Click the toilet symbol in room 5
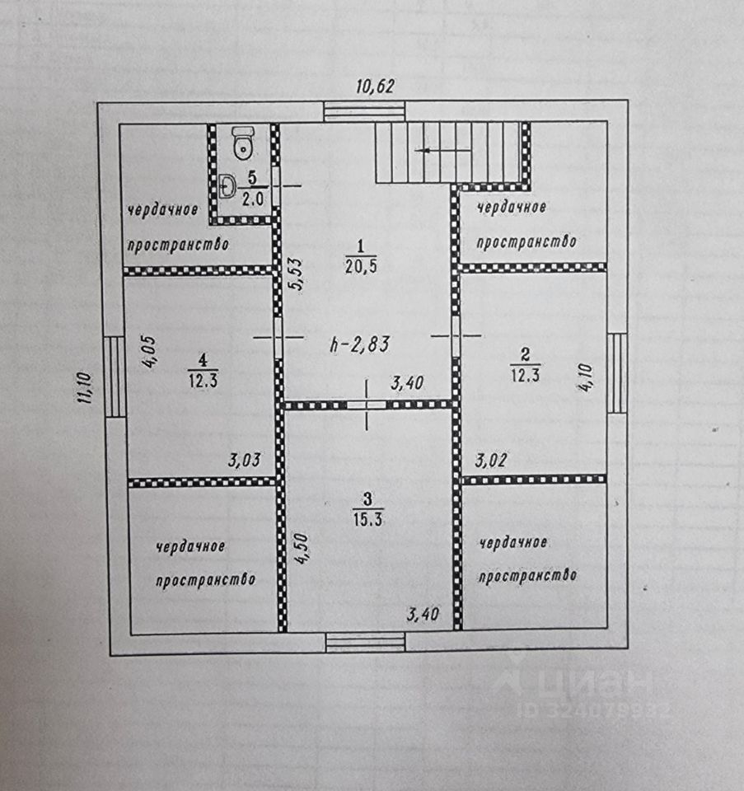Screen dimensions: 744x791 (x=243, y=143)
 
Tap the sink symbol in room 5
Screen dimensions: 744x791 (x=227, y=186)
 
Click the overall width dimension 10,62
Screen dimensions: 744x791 (x=375, y=87)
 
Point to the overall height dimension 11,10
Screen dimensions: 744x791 (x=84, y=387)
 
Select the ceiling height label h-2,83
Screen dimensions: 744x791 (x=360, y=344)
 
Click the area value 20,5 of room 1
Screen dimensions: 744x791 (x=361, y=266)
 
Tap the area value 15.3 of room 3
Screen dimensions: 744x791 (x=368, y=518)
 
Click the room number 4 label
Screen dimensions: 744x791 (x=203, y=360)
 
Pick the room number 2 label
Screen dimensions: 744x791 (x=525, y=354)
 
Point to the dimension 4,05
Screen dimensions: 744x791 (x=149, y=352)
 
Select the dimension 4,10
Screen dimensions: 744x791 (x=587, y=378)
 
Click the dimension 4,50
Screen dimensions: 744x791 (x=302, y=549)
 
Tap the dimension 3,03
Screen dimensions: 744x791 (x=245, y=460)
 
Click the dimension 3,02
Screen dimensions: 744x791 (x=491, y=460)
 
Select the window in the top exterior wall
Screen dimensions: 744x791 (x=364, y=111)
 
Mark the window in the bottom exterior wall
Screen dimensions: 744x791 (x=366, y=642)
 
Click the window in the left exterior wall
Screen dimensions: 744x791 (x=115, y=377)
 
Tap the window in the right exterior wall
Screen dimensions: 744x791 (x=617, y=372)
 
